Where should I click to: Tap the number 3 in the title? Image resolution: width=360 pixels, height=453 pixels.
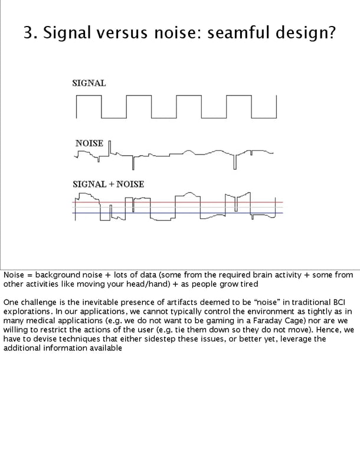coord(28,33)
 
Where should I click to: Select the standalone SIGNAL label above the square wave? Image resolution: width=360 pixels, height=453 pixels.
coord(89,83)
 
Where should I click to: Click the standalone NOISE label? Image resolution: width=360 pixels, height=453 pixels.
coord(89,143)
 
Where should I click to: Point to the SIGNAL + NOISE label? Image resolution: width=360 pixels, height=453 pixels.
coord(108,184)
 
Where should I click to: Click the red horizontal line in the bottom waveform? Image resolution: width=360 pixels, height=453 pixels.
coord(177,202)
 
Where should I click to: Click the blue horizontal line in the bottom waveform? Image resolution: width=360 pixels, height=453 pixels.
coord(177,213)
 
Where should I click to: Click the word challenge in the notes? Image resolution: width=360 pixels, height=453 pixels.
coord(41,303)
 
